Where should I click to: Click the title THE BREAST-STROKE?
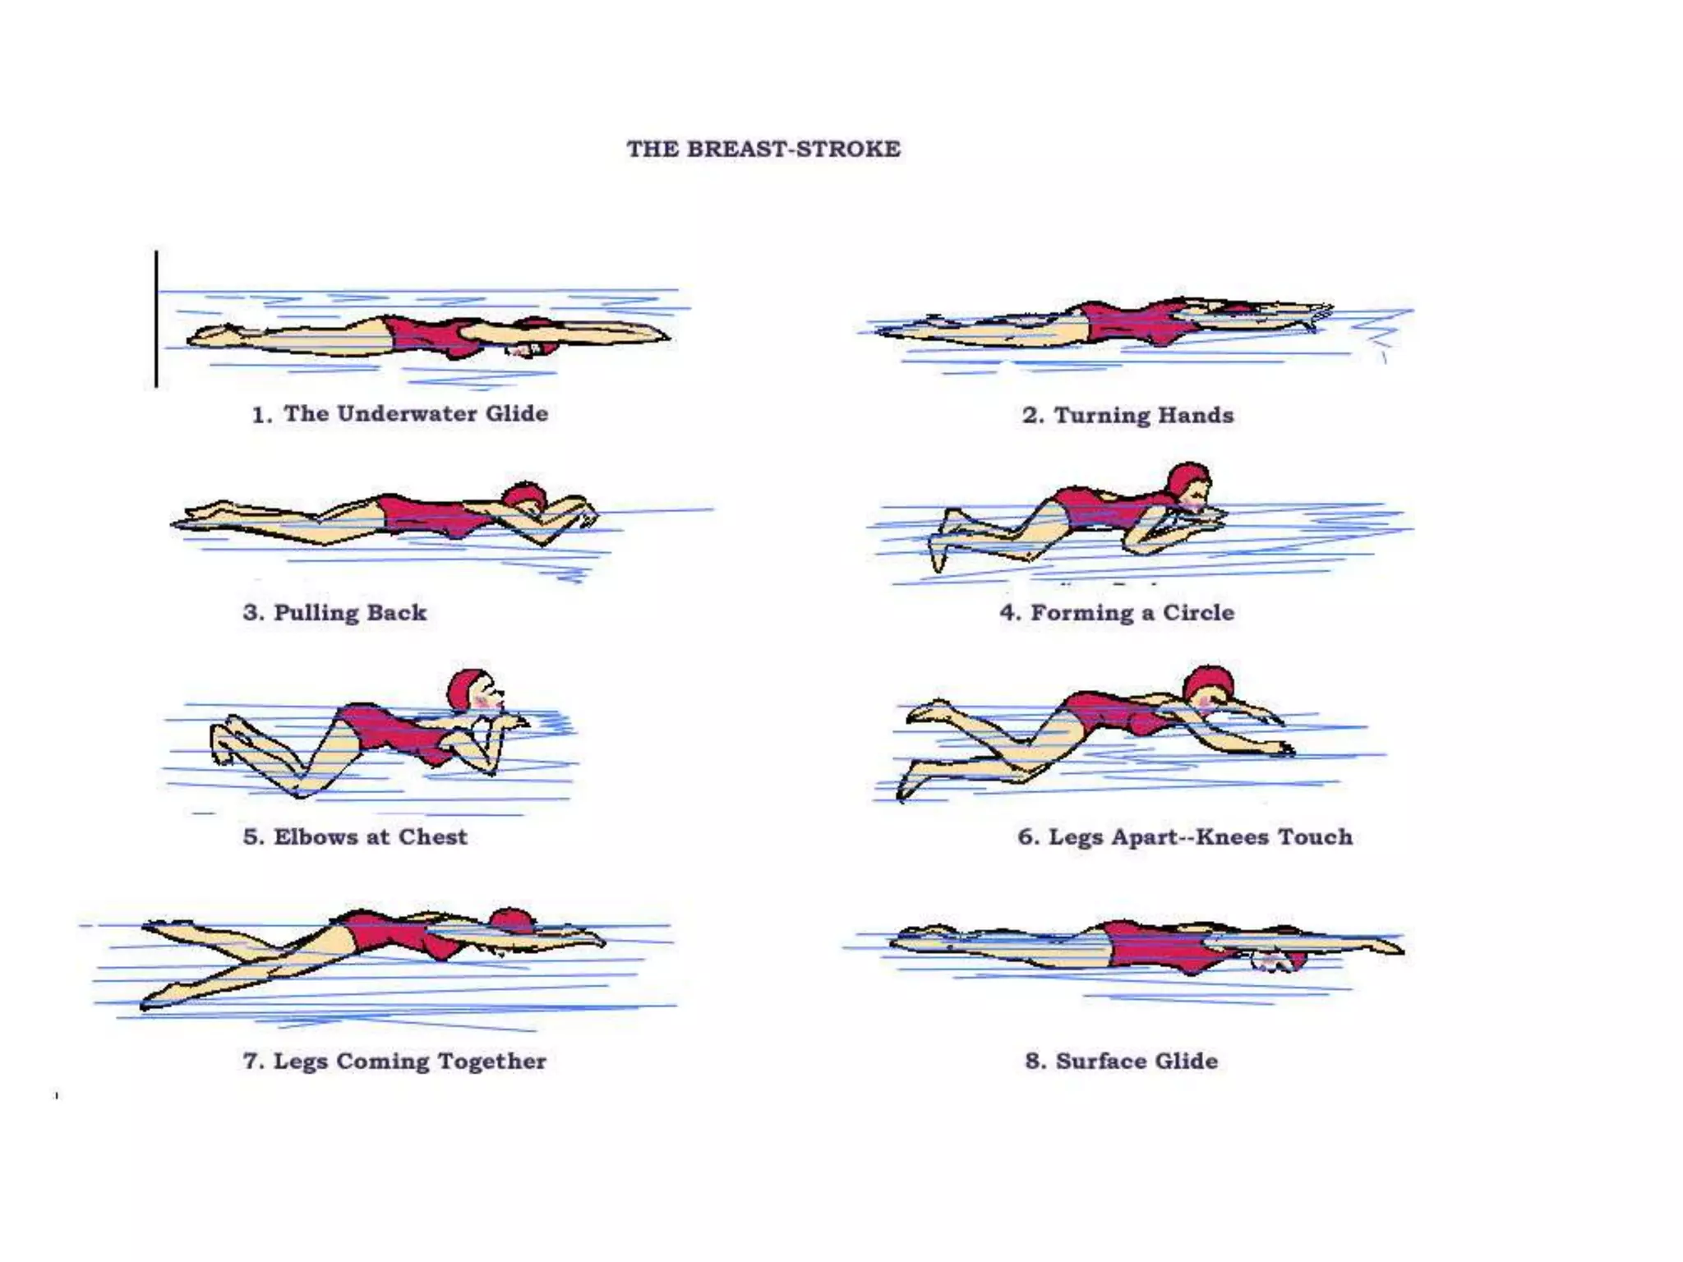(763, 149)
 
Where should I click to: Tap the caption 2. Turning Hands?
(1127, 415)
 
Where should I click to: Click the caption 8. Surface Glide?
(1121, 1061)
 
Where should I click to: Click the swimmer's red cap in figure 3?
(524, 495)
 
